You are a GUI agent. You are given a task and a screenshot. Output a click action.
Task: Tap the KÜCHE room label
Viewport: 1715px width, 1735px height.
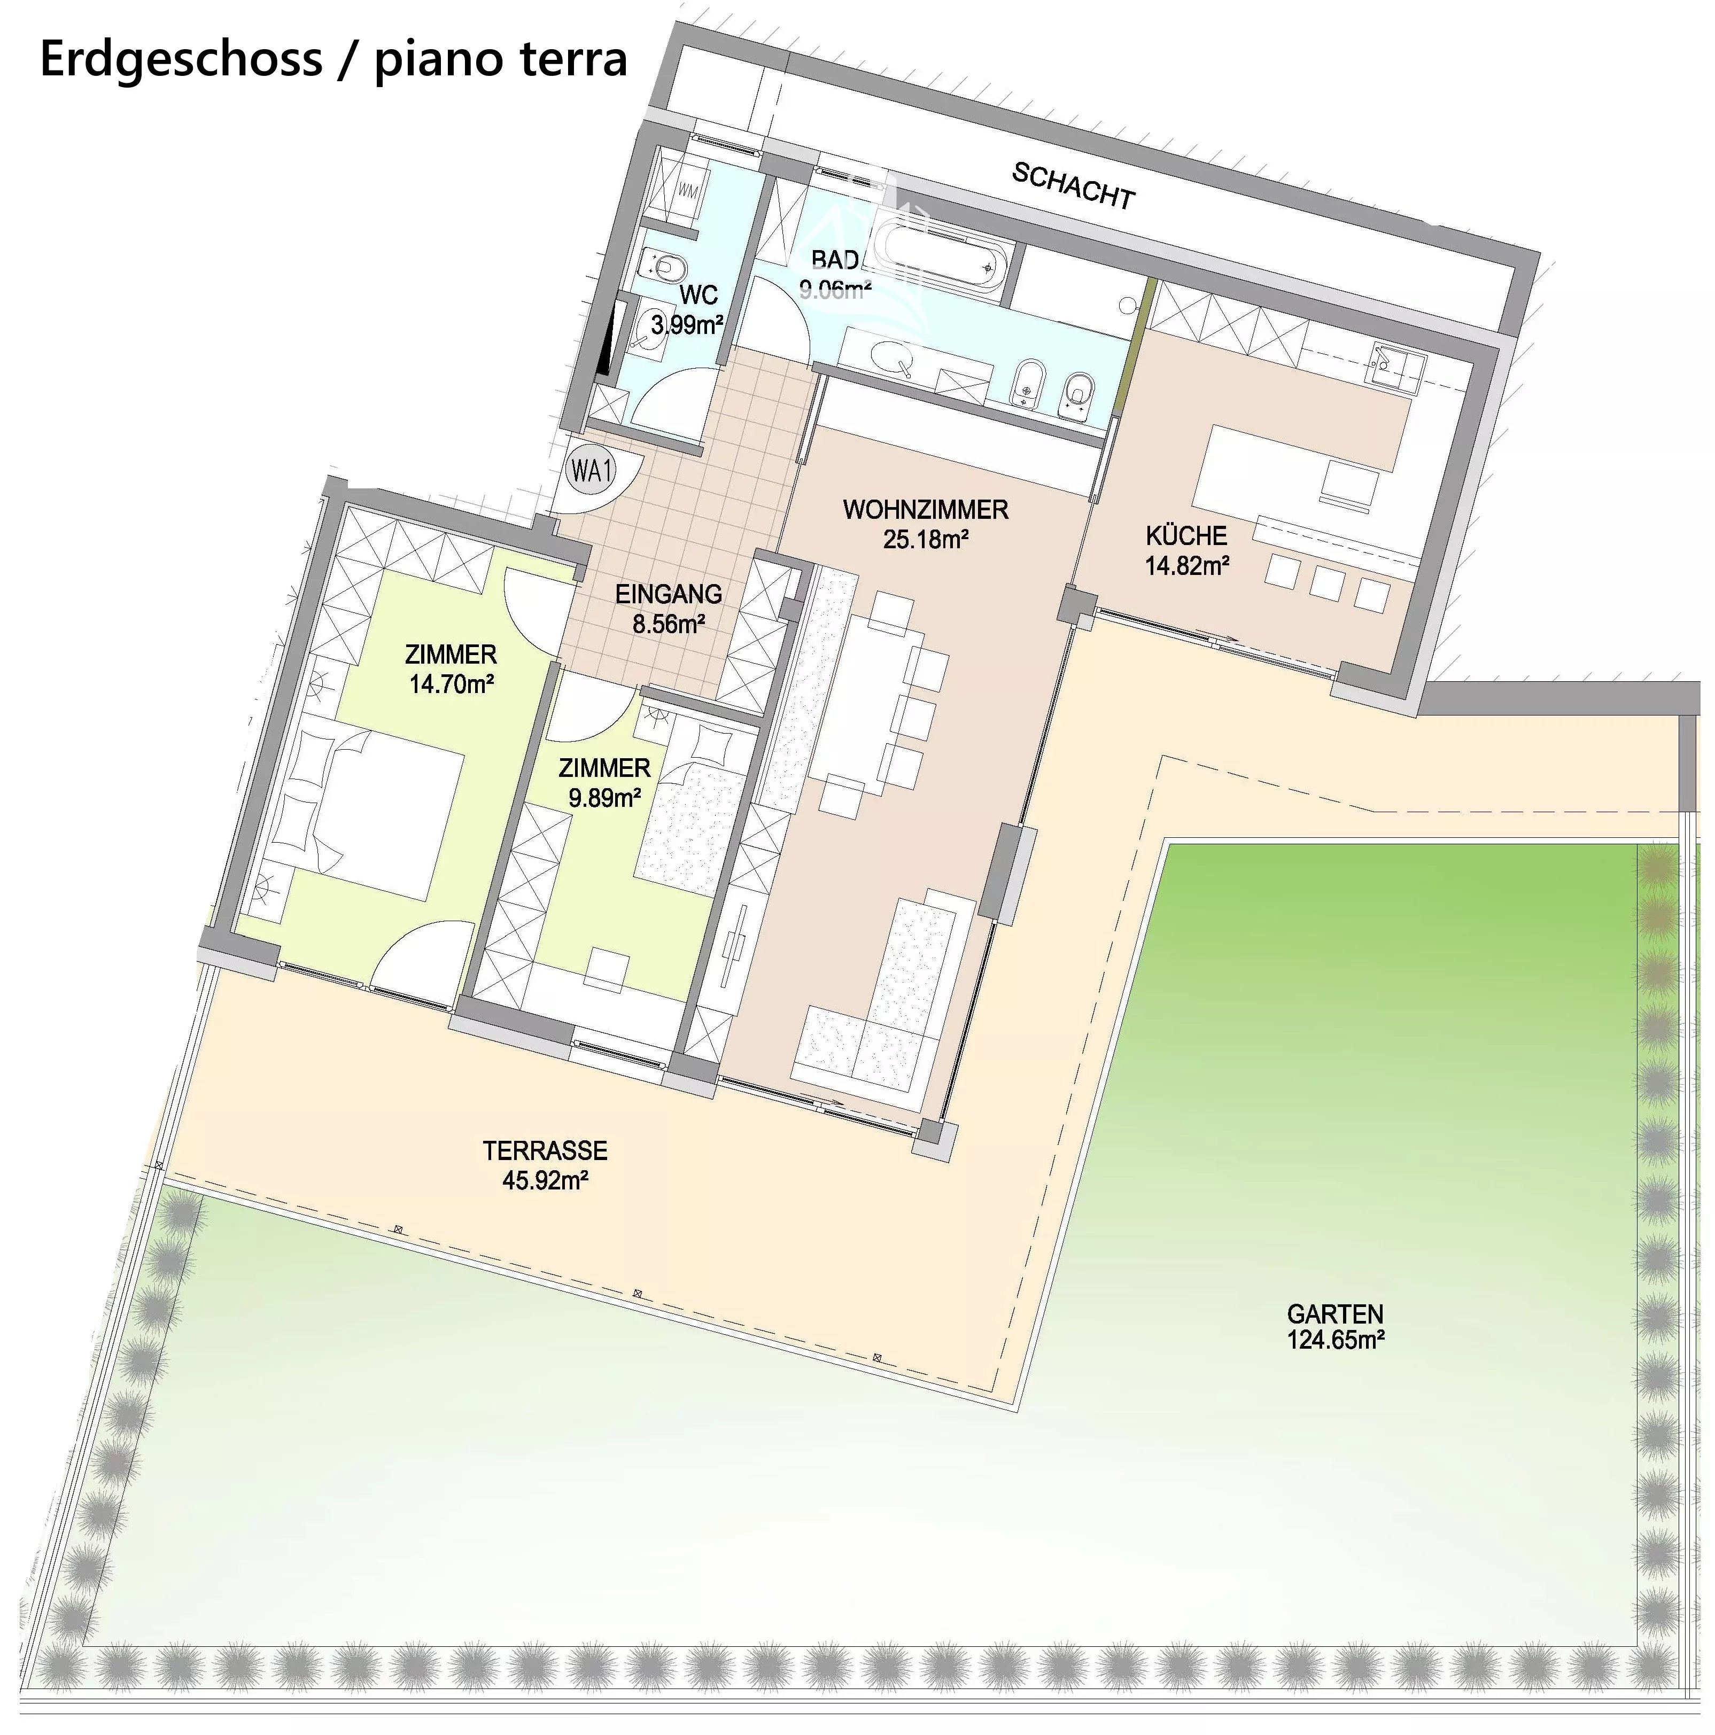click(x=1186, y=536)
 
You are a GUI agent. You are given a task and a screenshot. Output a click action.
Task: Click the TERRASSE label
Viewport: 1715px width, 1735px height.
click(x=545, y=1150)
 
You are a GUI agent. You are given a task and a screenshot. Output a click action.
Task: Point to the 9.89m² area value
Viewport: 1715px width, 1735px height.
click(x=604, y=797)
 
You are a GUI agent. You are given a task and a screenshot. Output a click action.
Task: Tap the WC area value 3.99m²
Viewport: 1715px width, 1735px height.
click(x=687, y=324)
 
